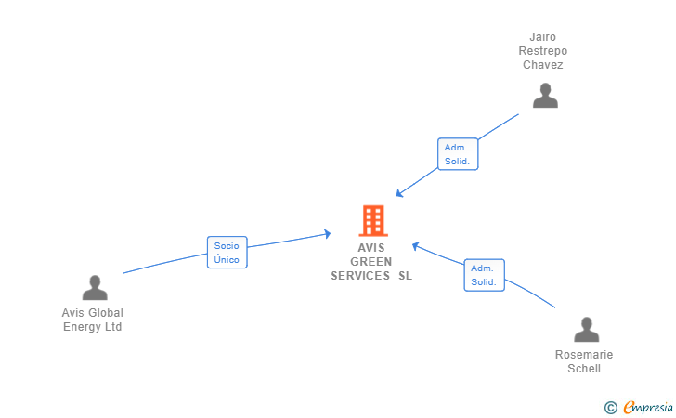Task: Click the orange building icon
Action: click(373, 220)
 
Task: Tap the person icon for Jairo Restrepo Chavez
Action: click(545, 96)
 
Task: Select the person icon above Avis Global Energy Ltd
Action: click(95, 288)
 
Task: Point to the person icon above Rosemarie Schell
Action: click(586, 330)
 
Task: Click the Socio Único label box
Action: click(227, 253)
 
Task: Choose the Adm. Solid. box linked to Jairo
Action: click(458, 154)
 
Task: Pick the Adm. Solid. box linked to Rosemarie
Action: click(484, 275)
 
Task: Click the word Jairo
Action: click(543, 37)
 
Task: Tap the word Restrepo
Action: click(543, 51)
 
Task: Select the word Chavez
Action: click(543, 65)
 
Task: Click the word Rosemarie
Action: click(584, 355)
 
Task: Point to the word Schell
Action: click(584, 369)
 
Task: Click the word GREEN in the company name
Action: click(371, 262)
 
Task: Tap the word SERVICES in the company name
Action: click(360, 276)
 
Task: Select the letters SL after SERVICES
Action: click(405, 276)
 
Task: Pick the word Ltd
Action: click(113, 327)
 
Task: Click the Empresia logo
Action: click(648, 407)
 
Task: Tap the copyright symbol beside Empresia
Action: click(611, 408)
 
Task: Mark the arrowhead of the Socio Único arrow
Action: click(328, 234)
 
